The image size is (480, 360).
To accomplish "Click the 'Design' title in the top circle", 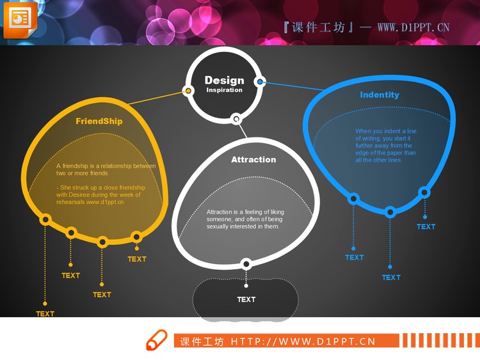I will pyautogui.click(x=224, y=80).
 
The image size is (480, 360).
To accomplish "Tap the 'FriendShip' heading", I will pyautogui.click(x=99, y=121).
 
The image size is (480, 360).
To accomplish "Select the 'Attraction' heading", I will pyautogui.click(x=253, y=160).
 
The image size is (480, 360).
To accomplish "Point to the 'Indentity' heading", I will pyautogui.click(x=380, y=95).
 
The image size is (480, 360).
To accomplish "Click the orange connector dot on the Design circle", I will pyautogui.click(x=188, y=91).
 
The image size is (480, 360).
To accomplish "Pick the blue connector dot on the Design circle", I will pyautogui.click(x=260, y=82).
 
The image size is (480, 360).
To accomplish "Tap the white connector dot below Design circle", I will pyautogui.click(x=236, y=118).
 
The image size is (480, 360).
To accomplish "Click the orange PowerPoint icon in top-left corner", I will pyautogui.click(x=19, y=19).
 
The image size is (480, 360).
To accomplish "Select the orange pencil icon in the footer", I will pyautogui.click(x=157, y=340).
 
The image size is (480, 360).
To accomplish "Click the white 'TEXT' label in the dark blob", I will pyautogui.click(x=246, y=299).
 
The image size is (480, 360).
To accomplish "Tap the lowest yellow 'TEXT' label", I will pyautogui.click(x=45, y=314).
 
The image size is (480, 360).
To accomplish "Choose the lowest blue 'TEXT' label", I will pyautogui.click(x=391, y=278).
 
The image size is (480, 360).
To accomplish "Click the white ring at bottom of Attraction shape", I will pyautogui.click(x=246, y=263).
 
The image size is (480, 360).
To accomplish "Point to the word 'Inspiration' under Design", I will pyautogui.click(x=224, y=90).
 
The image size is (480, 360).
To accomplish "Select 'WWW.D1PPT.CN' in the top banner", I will pyautogui.click(x=413, y=27).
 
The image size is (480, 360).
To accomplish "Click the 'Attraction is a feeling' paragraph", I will pyautogui.click(x=246, y=219).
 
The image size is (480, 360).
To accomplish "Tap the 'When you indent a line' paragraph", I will pyautogui.click(x=386, y=145).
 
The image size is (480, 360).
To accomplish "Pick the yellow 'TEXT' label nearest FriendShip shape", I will pyautogui.click(x=137, y=259).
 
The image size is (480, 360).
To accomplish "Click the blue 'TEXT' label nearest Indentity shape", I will pyautogui.click(x=426, y=226).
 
